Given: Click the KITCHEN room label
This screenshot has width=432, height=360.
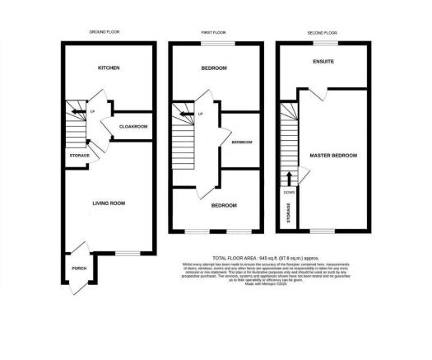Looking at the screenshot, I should (110, 68).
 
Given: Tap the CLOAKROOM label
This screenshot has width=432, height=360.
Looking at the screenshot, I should (133, 127).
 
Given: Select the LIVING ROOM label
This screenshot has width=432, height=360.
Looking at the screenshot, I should (107, 200).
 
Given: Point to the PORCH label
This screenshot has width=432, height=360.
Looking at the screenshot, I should (81, 268).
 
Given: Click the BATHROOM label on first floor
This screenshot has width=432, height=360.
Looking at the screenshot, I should (241, 142).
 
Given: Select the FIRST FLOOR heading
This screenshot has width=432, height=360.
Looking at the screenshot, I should (216, 31).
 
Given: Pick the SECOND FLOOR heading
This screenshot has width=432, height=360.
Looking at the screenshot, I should (324, 31).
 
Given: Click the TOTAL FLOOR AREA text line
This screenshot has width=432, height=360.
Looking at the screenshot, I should (240, 258).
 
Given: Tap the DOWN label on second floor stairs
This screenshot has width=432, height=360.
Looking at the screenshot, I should (289, 191).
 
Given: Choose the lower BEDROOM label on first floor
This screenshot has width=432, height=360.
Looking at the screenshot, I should (223, 205).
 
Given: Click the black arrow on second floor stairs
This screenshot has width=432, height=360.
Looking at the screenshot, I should (289, 179).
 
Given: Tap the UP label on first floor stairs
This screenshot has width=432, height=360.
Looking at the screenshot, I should (200, 114).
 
